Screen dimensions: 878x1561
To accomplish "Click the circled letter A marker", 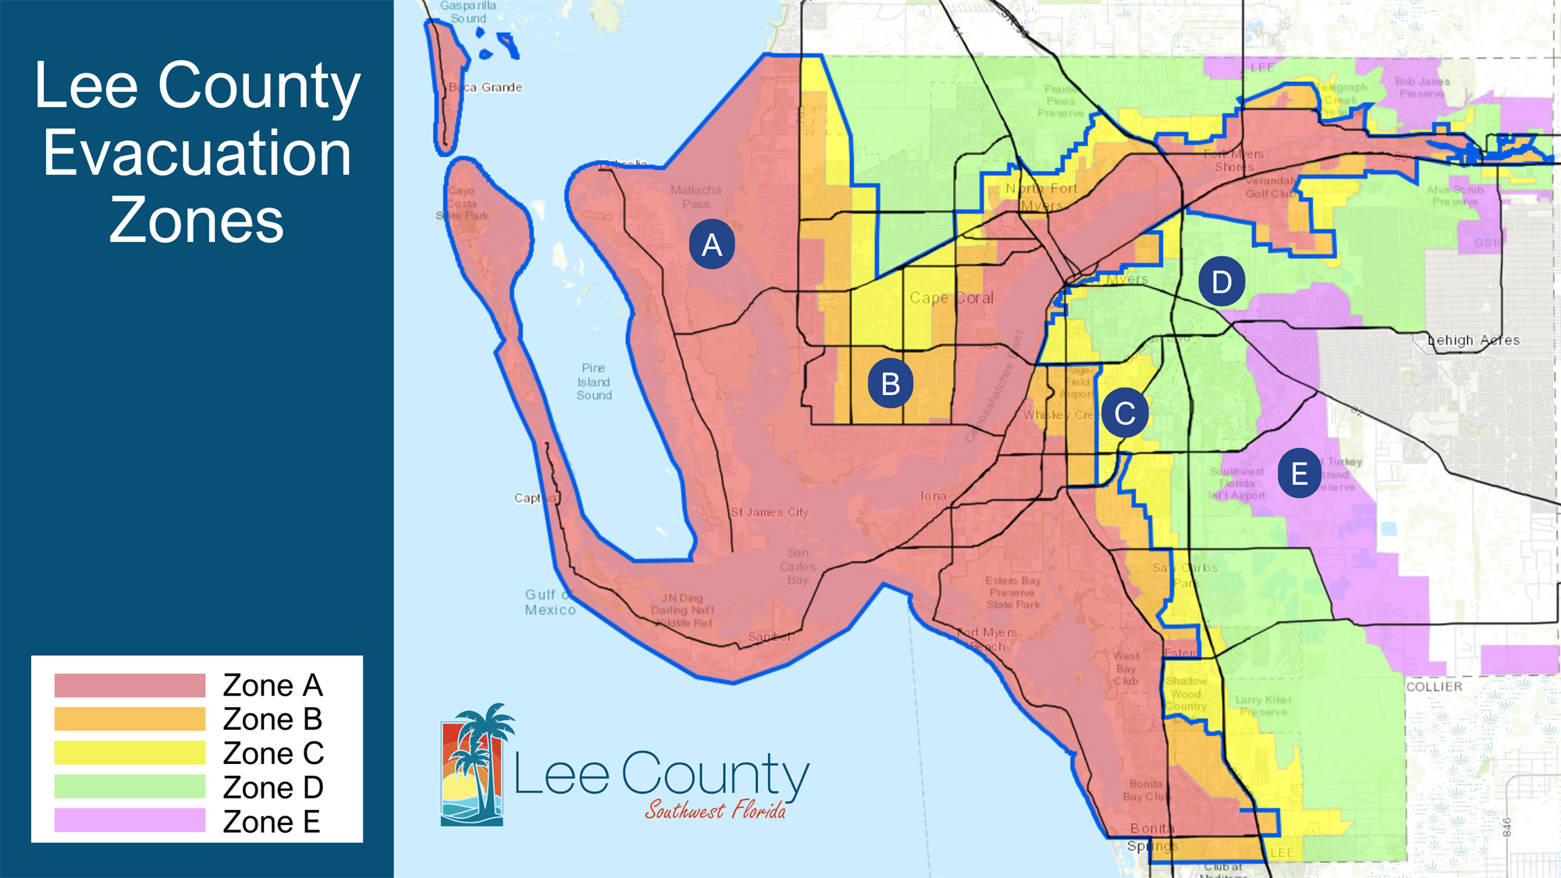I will pyautogui.click(x=711, y=245).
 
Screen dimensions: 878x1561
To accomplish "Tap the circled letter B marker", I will pyautogui.click(x=890, y=384).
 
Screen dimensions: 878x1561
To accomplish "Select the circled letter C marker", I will pyautogui.click(x=1125, y=413).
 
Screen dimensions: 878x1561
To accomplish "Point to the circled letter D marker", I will pyautogui.click(x=1221, y=282).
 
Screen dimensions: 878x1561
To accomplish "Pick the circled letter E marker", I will pyautogui.click(x=1299, y=473).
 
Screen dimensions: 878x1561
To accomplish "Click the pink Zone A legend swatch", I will pyautogui.click(x=130, y=685).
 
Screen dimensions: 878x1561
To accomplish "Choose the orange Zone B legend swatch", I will pyautogui.click(x=130, y=719).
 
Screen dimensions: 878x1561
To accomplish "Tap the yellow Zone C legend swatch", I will pyautogui.click(x=130, y=753).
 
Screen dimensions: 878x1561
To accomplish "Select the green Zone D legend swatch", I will pyautogui.click(x=130, y=787).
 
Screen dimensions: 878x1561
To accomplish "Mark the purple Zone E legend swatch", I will pyautogui.click(x=130, y=821).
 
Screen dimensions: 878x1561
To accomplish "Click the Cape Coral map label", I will pyautogui.click(x=951, y=298).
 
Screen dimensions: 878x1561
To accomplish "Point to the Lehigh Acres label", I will pyautogui.click(x=1474, y=340).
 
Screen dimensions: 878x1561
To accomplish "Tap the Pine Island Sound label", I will pyautogui.click(x=594, y=382).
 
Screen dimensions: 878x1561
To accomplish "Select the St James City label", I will pyautogui.click(x=770, y=513).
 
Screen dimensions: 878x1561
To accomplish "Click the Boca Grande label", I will pyautogui.click(x=485, y=87).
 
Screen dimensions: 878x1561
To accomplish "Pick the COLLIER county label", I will pyautogui.click(x=1434, y=687).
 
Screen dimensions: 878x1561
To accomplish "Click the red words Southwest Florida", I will pyautogui.click(x=715, y=811).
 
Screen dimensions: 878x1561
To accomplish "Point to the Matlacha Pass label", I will pyautogui.click(x=695, y=197).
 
